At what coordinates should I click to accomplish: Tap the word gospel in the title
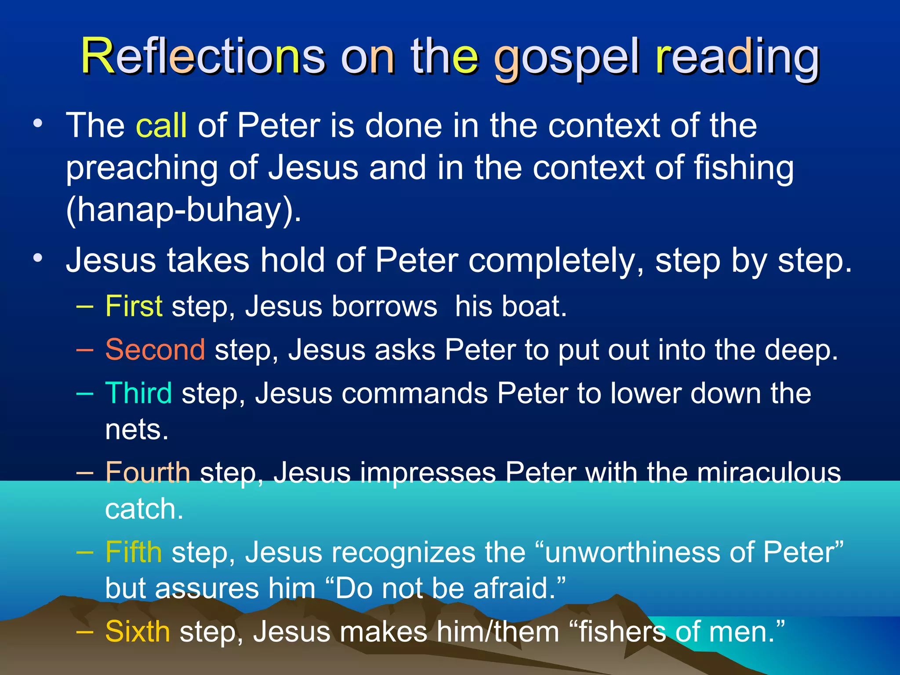point(567,59)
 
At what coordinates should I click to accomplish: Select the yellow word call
point(161,125)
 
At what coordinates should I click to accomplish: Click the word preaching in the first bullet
point(142,168)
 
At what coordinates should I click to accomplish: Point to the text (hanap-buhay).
point(183,210)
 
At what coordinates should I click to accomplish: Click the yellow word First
point(134,306)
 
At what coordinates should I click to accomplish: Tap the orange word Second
point(155,350)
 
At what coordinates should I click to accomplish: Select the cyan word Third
point(138,393)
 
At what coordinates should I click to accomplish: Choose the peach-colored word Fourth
point(148,473)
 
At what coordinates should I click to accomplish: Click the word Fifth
point(134,552)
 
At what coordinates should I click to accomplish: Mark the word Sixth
point(138,631)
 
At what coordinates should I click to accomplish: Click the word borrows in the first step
point(385,306)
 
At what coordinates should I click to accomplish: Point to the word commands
point(415,393)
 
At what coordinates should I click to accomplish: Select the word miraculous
point(769,473)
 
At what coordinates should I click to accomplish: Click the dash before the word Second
point(84,350)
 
